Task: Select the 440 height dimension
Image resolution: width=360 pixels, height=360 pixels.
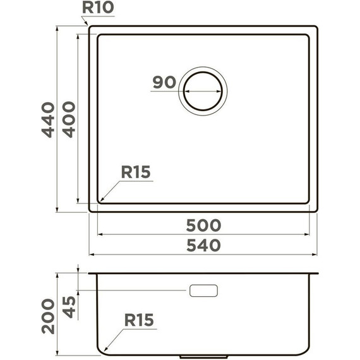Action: tap(49, 119)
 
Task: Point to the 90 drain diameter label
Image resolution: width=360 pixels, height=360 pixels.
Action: tap(163, 82)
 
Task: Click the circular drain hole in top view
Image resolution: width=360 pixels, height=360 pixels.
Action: tap(203, 90)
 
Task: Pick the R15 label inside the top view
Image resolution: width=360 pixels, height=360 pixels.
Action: tap(136, 172)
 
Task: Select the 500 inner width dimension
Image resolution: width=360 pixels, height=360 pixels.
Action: tap(203, 225)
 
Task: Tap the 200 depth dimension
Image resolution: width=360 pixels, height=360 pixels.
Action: tap(49, 315)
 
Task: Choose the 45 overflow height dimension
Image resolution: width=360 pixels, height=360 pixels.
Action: tap(69, 308)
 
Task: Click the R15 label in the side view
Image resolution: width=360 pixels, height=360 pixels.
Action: tap(139, 320)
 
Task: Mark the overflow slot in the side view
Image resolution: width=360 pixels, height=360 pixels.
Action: tap(203, 291)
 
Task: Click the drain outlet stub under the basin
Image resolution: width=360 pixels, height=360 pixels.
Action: tap(203, 356)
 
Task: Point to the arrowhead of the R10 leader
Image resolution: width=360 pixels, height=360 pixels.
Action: tap(90, 27)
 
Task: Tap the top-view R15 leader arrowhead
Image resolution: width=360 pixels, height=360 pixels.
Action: tap(100, 200)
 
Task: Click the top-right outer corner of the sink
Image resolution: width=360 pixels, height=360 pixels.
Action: tap(316, 27)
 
